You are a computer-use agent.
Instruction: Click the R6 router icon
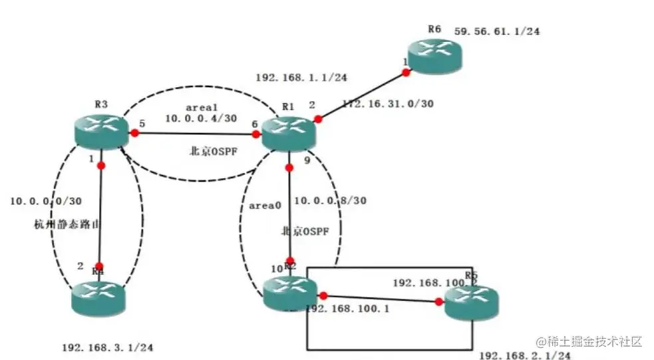[434, 56]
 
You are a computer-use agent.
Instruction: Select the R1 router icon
[288, 132]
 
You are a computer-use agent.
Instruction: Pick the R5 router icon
[471, 303]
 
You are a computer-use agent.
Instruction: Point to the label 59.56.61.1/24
[496, 31]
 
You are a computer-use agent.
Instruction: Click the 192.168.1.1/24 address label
[301, 77]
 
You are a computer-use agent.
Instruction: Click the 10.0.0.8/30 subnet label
[331, 200]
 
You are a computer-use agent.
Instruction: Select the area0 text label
[261, 206]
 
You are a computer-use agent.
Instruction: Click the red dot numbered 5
[134, 133]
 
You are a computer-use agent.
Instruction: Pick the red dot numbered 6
[256, 134]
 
